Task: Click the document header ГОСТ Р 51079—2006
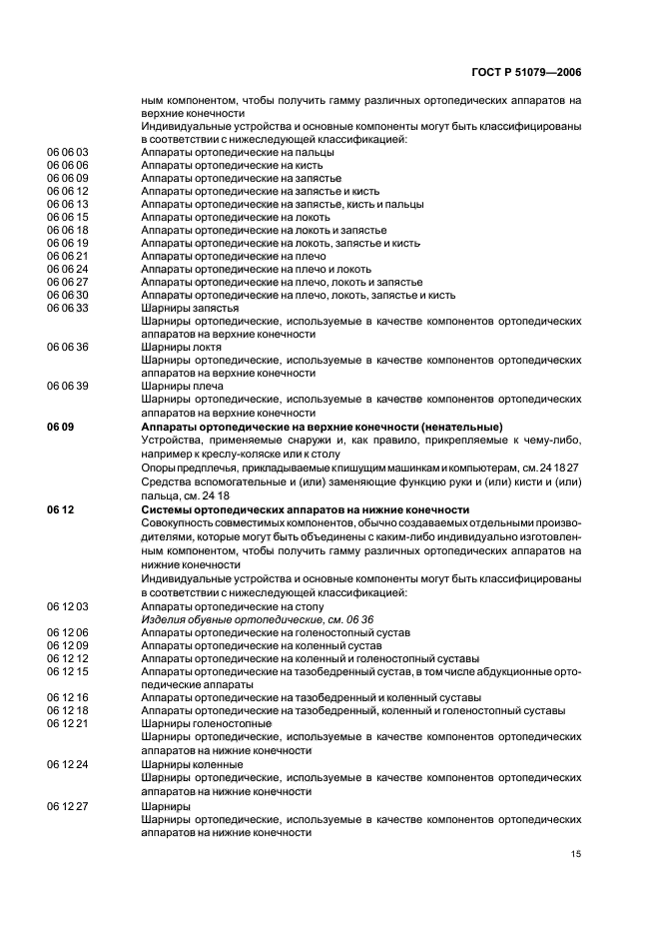coord(525,73)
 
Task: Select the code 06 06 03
coord(68,152)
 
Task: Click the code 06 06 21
coord(68,256)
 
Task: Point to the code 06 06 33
coord(68,308)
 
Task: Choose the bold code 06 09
coord(59,427)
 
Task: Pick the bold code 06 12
coord(59,509)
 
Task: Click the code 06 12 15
coord(68,671)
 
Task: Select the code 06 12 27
coord(68,805)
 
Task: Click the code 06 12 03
coord(68,606)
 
